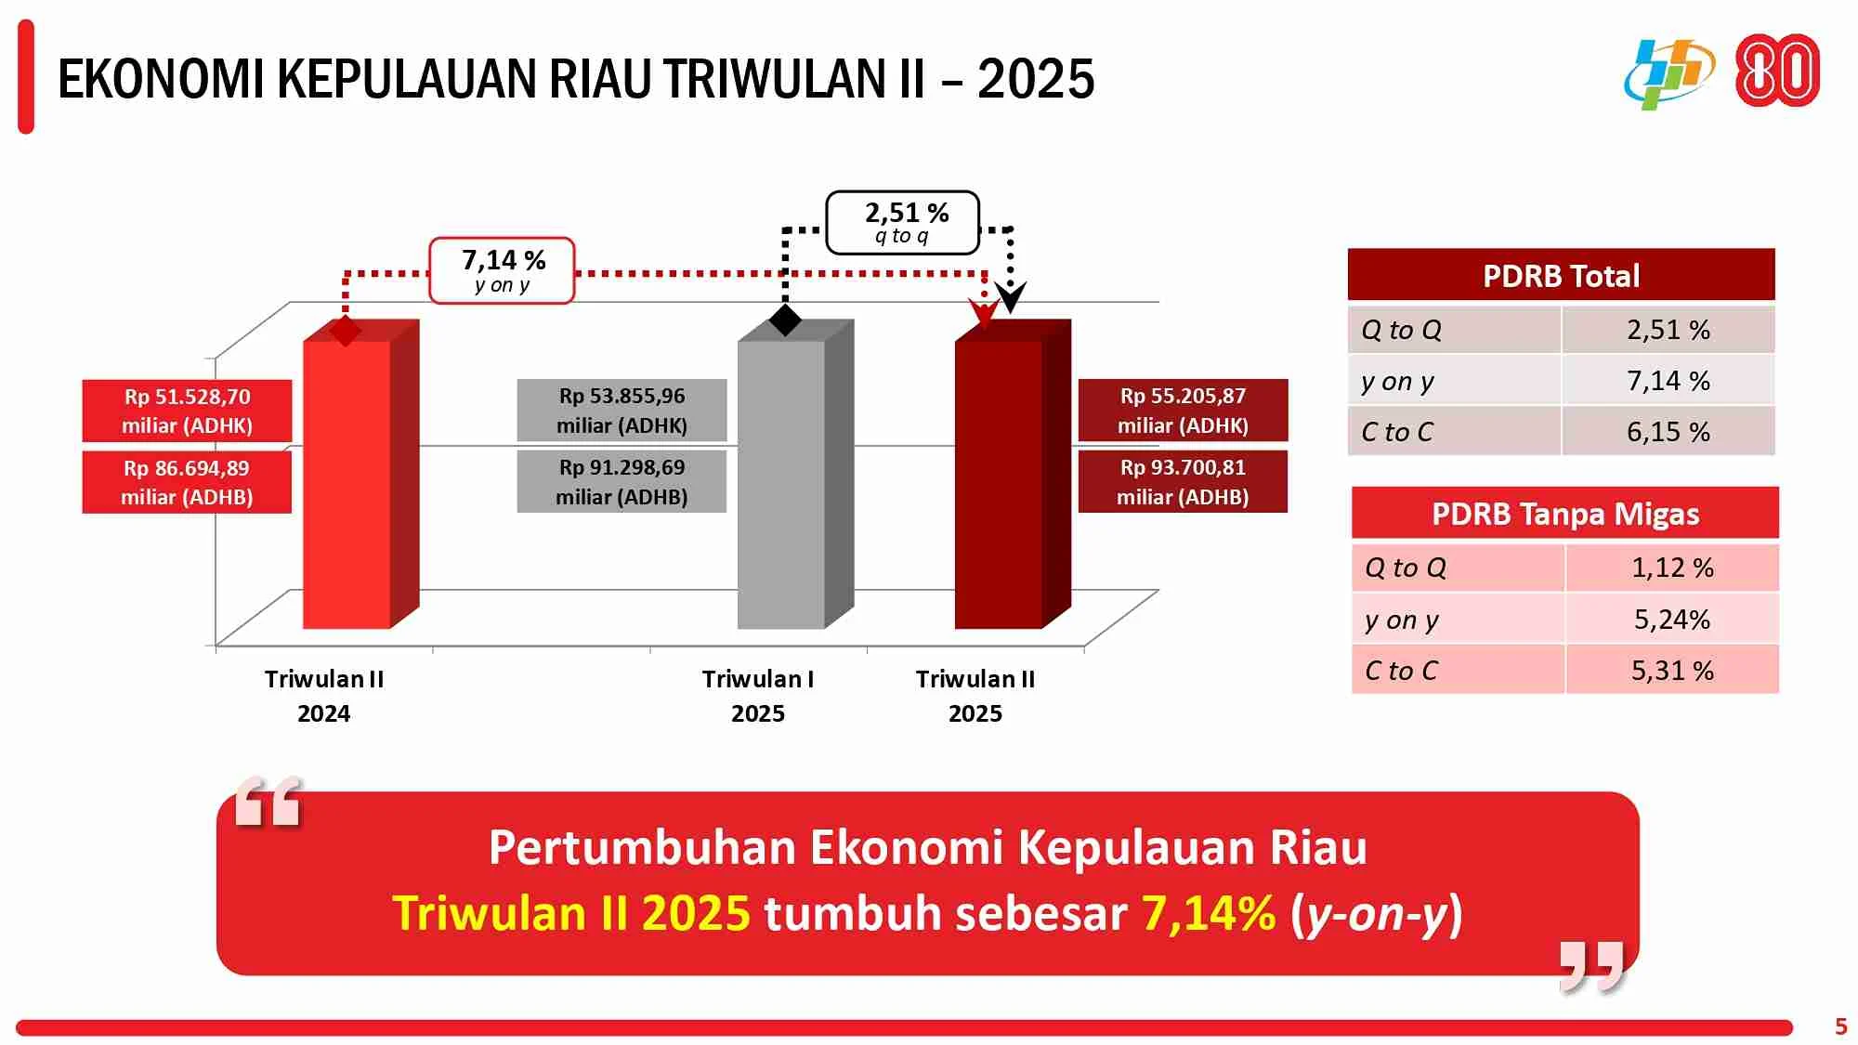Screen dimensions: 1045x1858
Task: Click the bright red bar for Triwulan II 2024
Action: click(347, 483)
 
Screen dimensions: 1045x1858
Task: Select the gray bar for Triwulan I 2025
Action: click(781, 483)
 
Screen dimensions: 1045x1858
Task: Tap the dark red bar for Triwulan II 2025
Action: click(999, 483)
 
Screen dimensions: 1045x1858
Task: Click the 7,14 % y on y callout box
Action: click(502, 270)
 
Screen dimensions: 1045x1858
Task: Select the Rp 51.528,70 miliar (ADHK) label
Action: click(187, 411)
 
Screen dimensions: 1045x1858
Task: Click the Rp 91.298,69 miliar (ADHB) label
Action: click(622, 482)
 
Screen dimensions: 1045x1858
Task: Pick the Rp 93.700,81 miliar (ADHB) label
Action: click(1183, 482)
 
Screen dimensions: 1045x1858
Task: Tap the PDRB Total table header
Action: click(1561, 275)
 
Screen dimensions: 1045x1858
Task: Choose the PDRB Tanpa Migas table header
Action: click(1565, 514)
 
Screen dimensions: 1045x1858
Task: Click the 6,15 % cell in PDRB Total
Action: click(1668, 432)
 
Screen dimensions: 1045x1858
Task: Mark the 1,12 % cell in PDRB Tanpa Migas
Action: click(1672, 568)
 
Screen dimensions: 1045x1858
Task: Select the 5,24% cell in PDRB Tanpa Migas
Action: click(1672, 620)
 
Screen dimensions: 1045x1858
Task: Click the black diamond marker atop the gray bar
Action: click(785, 320)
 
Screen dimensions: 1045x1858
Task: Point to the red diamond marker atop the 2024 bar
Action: click(346, 331)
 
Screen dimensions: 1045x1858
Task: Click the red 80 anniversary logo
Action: click(1777, 71)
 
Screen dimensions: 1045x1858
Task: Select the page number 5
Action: click(1840, 1026)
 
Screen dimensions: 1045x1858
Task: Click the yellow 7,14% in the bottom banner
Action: click(1208, 913)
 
